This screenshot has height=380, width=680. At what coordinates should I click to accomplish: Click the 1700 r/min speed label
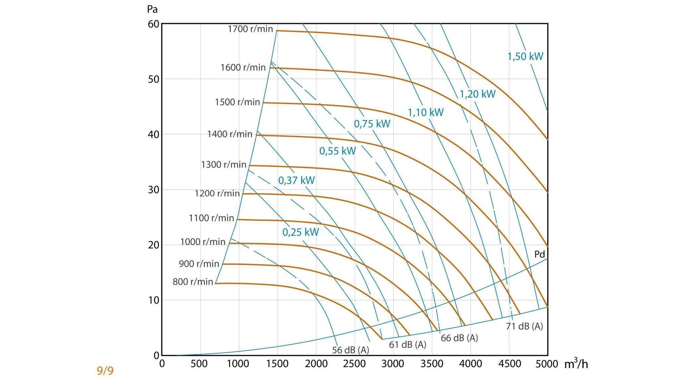click(250, 29)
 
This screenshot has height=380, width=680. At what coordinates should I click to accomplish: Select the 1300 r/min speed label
click(224, 164)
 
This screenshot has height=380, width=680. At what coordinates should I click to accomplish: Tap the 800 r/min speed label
click(193, 282)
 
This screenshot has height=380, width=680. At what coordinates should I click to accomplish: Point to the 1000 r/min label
click(203, 242)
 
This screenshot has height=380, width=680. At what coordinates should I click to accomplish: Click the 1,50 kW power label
click(525, 56)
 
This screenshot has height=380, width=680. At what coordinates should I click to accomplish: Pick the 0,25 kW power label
click(301, 232)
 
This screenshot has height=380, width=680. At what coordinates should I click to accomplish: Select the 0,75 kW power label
click(372, 124)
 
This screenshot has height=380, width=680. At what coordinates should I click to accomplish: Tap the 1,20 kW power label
click(477, 94)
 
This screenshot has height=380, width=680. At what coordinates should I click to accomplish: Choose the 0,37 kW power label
click(296, 181)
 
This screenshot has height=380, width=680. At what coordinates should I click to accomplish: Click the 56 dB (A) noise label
click(350, 350)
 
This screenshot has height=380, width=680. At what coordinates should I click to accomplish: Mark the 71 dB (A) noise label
click(525, 326)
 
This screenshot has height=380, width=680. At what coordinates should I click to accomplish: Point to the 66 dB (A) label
click(459, 338)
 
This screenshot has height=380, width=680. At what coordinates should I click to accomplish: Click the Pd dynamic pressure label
click(540, 254)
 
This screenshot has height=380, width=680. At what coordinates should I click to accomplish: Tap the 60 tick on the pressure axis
click(153, 24)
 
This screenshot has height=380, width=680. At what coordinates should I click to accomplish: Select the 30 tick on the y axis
click(153, 190)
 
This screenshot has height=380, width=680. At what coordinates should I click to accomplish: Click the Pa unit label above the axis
click(152, 9)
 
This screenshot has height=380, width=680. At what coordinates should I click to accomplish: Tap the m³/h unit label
click(576, 364)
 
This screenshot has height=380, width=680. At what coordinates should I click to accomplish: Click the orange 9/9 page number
click(105, 371)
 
